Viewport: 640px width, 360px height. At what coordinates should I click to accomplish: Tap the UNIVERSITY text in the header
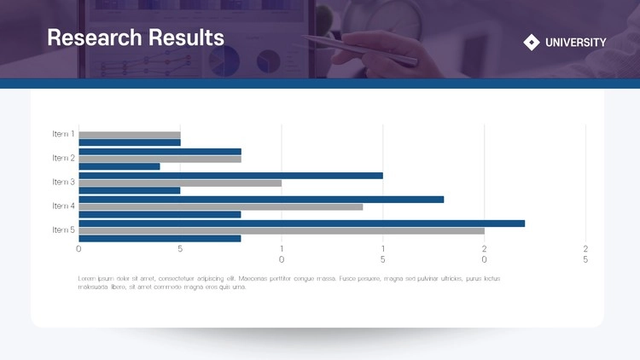pos(576,43)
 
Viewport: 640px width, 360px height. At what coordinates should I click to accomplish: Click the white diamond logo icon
pos(532,42)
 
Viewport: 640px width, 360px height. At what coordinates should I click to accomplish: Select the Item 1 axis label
pos(63,134)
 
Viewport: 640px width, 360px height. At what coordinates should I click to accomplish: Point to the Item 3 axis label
pos(63,182)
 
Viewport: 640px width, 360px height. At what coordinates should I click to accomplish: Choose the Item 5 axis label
pos(63,229)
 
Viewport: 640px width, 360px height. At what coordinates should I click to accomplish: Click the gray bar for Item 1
pos(130,135)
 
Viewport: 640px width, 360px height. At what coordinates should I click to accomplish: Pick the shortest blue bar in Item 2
pos(119,166)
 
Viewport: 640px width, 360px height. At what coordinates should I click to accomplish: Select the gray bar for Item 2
pos(160,159)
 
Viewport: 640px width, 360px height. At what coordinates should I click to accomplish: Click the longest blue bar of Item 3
pos(230,175)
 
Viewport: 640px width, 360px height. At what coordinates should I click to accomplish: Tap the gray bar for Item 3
pos(180,183)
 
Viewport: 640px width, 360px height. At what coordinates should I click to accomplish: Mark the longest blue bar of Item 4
pos(261,199)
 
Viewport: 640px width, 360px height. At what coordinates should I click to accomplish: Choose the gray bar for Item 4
pos(221,206)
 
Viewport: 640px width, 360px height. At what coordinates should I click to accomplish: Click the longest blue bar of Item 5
pos(301,223)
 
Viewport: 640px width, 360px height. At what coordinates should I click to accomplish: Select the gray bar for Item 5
pos(282,230)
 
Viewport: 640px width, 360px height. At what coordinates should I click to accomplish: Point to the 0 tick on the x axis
pos(79,249)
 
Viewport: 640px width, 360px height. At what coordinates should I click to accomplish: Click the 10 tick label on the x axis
pos(282,253)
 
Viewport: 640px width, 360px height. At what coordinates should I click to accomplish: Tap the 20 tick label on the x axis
pos(484,253)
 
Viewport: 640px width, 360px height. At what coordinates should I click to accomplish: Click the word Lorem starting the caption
pos(87,279)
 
